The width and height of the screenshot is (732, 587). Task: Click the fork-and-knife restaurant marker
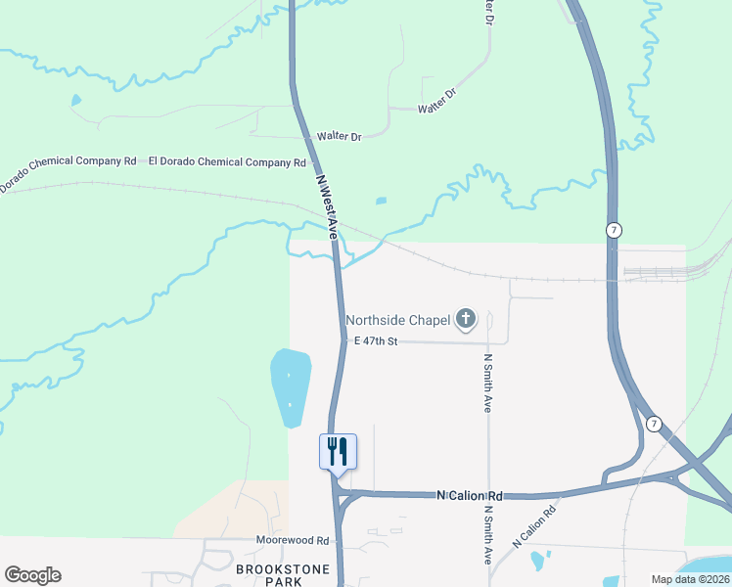pyautogui.click(x=338, y=452)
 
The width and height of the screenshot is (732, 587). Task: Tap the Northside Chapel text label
pyautogui.click(x=397, y=320)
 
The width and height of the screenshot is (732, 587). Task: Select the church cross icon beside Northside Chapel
pyautogui.click(x=466, y=318)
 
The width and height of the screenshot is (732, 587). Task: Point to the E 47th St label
pyautogui.click(x=377, y=340)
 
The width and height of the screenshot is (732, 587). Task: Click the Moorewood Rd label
pyautogui.click(x=293, y=540)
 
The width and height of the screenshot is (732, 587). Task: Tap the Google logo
pyautogui.click(x=32, y=575)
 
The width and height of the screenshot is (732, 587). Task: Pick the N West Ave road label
pyautogui.click(x=326, y=206)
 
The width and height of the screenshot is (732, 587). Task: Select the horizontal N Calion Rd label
pyautogui.click(x=469, y=496)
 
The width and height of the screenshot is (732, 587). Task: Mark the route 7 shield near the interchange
pyautogui.click(x=654, y=424)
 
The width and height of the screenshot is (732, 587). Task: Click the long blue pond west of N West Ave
pyautogui.click(x=291, y=387)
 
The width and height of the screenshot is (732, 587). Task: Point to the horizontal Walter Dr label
pyautogui.click(x=340, y=137)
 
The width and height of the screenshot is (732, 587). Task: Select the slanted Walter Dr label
pyautogui.click(x=437, y=102)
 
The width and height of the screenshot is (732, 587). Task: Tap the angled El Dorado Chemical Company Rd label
pyautogui.click(x=68, y=172)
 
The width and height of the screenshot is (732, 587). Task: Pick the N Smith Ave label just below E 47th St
pyautogui.click(x=487, y=383)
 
